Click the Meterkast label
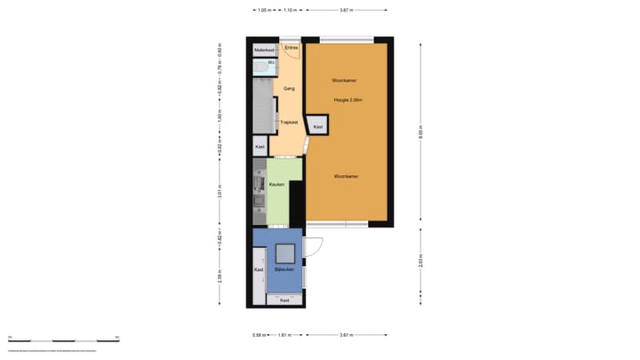[264, 51]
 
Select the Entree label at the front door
[291, 47]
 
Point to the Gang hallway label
[289, 89]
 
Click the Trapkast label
[289, 123]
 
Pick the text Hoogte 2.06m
[348, 100]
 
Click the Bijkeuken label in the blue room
[284, 268]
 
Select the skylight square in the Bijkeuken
[286, 253]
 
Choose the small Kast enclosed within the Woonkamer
[318, 128]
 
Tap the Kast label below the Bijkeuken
[284, 300]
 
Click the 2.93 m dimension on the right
[420, 260]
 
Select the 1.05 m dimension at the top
[263, 11]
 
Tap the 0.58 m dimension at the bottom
[258, 335]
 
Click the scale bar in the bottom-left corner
[62, 340]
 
